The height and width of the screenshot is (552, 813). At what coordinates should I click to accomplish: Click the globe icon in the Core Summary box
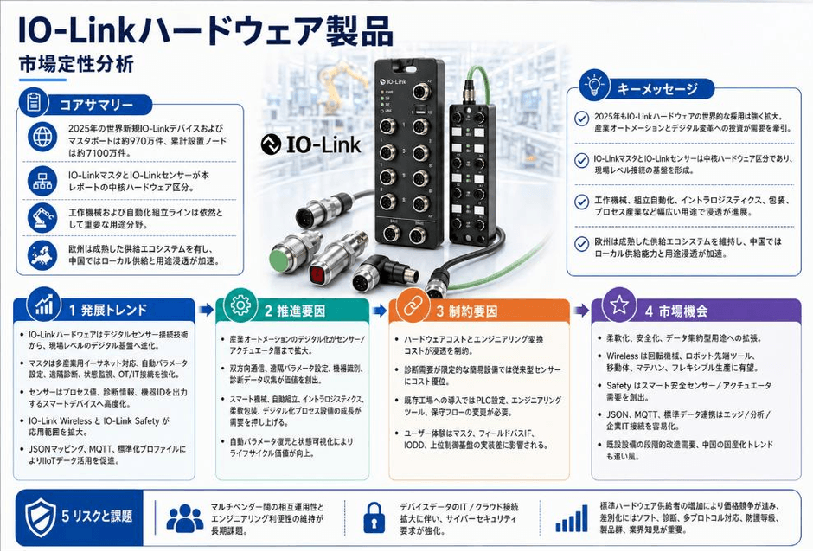tap(42, 137)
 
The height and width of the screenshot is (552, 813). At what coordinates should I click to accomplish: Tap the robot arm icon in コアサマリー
tap(42, 217)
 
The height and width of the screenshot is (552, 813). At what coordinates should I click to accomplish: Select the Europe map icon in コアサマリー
tap(42, 254)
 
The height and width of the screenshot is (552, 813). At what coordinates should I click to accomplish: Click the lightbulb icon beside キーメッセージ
tap(594, 85)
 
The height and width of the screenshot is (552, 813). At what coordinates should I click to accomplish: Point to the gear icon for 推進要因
tap(240, 305)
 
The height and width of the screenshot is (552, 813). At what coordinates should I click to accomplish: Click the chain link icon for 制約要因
tap(413, 305)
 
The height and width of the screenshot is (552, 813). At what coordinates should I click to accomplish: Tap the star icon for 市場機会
tap(619, 305)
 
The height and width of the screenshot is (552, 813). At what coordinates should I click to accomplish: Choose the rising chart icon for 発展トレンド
tap(44, 305)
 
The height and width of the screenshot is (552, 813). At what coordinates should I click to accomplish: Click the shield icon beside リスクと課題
tap(41, 517)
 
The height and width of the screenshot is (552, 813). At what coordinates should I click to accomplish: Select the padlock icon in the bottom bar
tap(374, 517)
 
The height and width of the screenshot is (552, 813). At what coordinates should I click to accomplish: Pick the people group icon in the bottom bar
tap(185, 517)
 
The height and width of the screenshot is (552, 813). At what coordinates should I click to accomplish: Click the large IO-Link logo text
tap(310, 144)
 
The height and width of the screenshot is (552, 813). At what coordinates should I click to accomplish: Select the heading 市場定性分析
tap(76, 64)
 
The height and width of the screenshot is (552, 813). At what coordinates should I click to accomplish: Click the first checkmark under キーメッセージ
tap(582, 119)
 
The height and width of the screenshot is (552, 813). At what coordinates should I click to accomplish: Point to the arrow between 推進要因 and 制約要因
tap(380, 311)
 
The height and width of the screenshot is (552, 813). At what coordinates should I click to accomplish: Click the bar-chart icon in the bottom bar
tap(572, 518)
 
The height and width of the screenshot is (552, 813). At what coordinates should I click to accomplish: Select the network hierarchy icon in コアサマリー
tap(42, 181)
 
